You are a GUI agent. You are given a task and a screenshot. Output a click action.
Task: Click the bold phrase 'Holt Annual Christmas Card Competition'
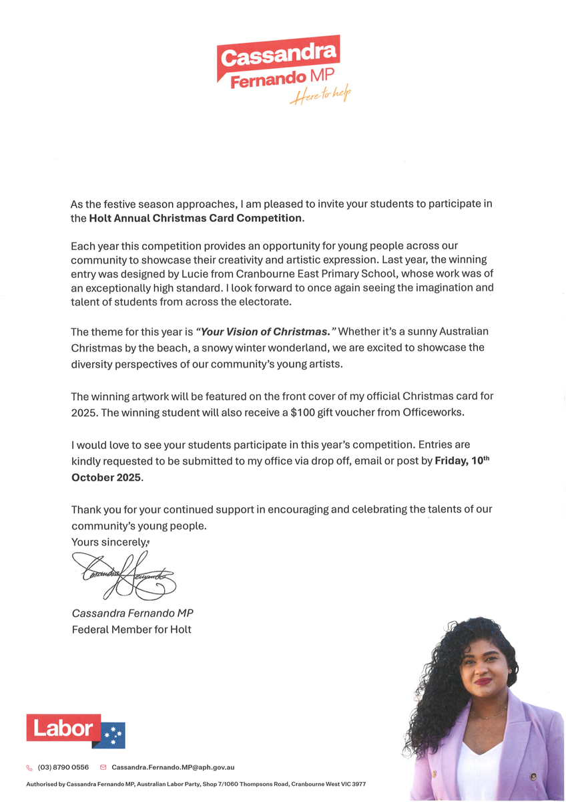(196, 218)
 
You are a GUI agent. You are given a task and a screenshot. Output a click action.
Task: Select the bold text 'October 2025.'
(107, 477)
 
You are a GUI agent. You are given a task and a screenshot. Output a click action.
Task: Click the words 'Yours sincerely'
(109, 542)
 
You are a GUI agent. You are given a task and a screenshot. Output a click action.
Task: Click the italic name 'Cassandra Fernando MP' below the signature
(132, 613)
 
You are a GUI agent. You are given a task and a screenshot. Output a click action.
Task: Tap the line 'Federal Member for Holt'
(131, 629)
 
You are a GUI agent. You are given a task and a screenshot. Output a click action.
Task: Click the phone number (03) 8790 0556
(63, 768)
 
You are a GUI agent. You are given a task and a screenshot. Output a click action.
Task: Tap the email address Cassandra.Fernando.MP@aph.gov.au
(173, 768)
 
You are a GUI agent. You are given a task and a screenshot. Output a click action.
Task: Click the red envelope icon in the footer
(103, 768)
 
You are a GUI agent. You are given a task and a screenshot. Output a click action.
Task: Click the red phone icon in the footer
(29, 768)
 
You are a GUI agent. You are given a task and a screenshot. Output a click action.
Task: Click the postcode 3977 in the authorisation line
(359, 784)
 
